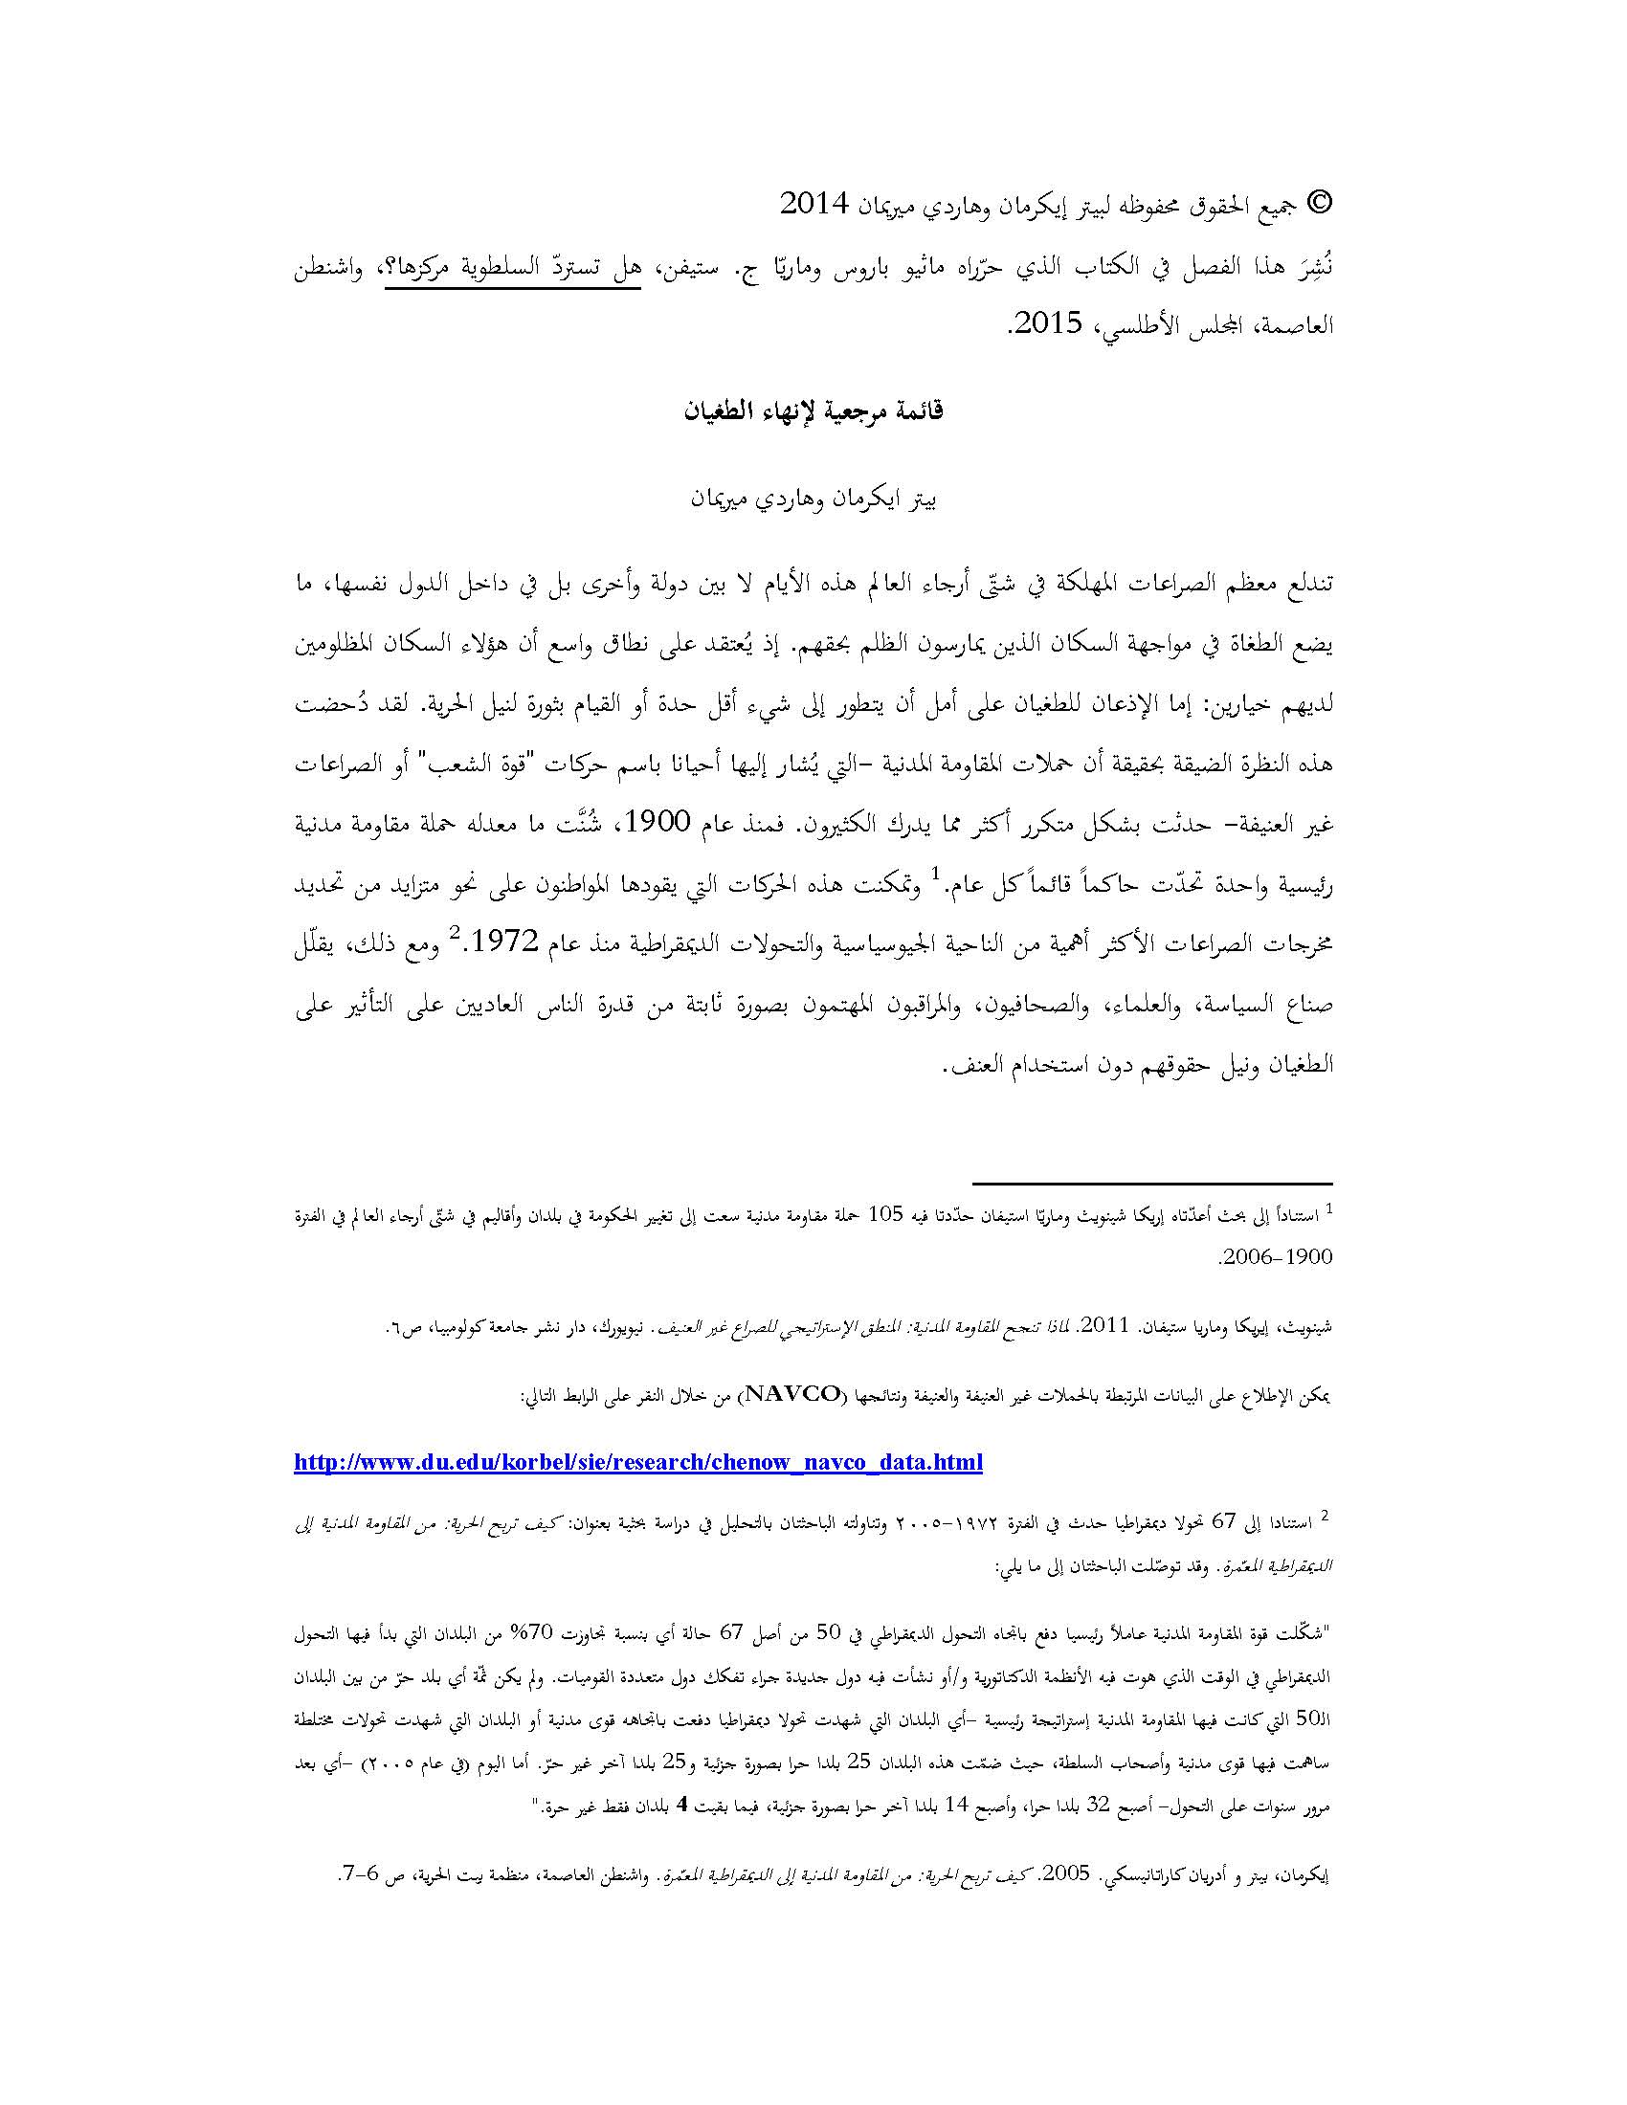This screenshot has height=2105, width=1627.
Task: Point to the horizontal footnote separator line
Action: (1150, 1183)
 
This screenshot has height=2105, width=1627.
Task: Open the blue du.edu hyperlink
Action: (638, 1463)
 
